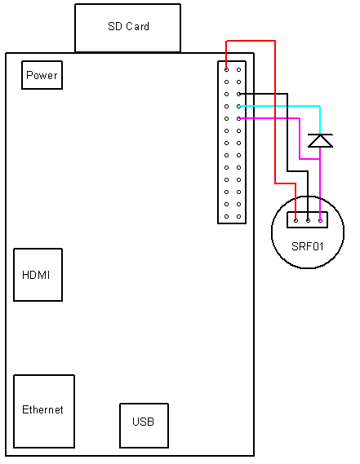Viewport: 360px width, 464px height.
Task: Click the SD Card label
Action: click(128, 27)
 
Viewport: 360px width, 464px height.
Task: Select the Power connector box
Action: click(42, 76)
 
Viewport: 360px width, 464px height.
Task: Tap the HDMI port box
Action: click(38, 275)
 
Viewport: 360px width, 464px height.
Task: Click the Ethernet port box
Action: click(43, 410)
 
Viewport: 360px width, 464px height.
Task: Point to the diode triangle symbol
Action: click(320, 142)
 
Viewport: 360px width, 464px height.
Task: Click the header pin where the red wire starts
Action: click(226, 69)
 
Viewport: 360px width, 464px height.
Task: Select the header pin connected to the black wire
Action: click(238, 94)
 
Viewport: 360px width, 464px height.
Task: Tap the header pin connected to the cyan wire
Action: click(238, 106)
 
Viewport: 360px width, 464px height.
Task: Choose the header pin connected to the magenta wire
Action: click(238, 118)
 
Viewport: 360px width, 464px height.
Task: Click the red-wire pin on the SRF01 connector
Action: click(296, 219)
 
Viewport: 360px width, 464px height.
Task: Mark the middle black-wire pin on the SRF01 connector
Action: click(308, 219)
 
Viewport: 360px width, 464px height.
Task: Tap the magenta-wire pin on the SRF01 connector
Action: click(320, 219)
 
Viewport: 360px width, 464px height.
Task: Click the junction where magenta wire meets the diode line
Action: click(320, 159)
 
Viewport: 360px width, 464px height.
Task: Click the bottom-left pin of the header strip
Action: click(226, 216)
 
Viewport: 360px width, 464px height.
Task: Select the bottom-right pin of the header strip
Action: click(238, 216)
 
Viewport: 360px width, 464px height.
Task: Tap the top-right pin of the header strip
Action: click(238, 69)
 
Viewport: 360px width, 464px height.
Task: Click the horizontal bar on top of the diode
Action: click(320, 135)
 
